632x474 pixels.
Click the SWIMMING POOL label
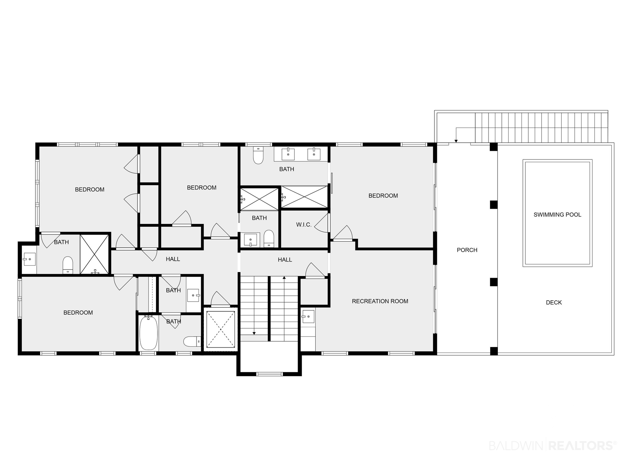click(x=557, y=214)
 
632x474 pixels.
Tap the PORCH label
click(x=467, y=250)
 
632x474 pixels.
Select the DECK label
click(x=554, y=302)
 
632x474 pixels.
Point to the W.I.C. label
click(x=304, y=225)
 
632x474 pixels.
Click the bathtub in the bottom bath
click(x=148, y=333)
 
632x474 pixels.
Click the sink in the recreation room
click(x=308, y=316)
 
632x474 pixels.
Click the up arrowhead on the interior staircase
click(x=284, y=277)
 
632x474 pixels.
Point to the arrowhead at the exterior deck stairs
click(x=456, y=141)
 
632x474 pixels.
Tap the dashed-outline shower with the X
click(x=221, y=330)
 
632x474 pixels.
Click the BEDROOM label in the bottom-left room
click(x=78, y=313)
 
